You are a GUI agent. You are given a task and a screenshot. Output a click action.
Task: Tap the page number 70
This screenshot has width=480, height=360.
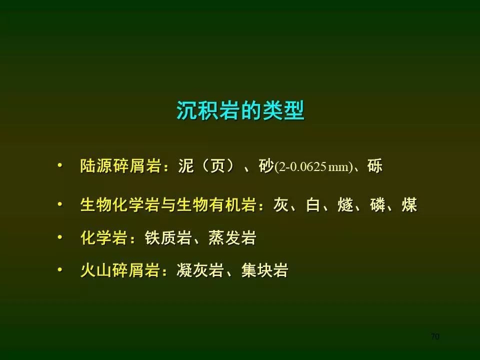coord(434,336)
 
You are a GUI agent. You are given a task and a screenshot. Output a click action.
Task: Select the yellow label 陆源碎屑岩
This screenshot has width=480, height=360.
coord(120,166)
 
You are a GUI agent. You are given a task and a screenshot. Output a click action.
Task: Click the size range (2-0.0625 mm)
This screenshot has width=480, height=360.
coord(314,167)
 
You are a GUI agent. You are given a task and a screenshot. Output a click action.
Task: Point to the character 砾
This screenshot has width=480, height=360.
coord(375,166)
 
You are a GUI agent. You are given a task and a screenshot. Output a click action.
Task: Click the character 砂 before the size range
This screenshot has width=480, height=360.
coord(266,166)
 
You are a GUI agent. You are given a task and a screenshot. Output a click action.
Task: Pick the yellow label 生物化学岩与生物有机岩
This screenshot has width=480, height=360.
coord(168,204)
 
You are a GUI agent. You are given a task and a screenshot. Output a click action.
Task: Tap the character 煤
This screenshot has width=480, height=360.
coord(409,204)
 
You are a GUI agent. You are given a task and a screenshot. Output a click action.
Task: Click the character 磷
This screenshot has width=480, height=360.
coord(377,204)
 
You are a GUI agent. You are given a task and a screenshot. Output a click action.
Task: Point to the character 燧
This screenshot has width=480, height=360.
coord(345,204)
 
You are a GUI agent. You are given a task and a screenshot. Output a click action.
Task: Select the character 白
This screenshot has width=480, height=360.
coord(313,204)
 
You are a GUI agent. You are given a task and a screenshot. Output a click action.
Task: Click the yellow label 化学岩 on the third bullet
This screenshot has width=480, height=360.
coord(104,237)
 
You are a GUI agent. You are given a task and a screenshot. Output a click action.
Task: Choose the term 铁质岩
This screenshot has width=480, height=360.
coord(168,237)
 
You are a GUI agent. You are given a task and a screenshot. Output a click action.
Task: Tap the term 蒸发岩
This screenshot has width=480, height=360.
coord(232,237)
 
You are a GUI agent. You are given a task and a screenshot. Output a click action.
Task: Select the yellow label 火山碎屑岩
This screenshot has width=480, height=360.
coord(120,270)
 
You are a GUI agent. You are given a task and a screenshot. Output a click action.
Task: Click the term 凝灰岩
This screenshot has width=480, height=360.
coord(200,270)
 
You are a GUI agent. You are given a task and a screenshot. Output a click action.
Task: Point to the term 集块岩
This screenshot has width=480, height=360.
coord(265,270)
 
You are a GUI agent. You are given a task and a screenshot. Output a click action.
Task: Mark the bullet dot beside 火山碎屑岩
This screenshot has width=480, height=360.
coord(60,269)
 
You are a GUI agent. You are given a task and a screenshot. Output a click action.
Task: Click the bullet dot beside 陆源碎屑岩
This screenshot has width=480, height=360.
coord(60,165)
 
